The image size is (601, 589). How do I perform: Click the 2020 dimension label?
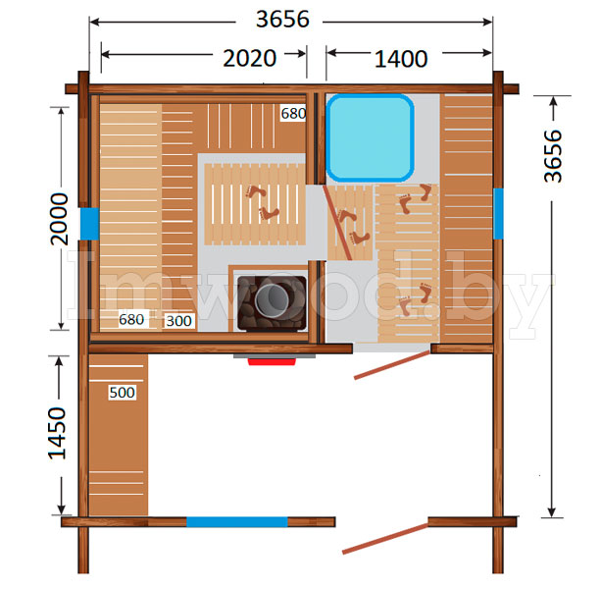[250, 58]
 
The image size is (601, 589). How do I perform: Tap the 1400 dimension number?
[401, 59]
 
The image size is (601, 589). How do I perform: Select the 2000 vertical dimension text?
[60, 219]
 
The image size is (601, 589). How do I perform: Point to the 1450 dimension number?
[57, 433]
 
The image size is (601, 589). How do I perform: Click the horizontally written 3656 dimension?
[282, 19]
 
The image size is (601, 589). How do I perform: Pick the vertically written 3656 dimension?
[553, 156]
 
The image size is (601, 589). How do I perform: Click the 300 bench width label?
[178, 321]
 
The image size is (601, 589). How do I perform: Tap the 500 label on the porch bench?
[122, 392]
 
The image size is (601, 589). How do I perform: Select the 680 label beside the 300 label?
[131, 319]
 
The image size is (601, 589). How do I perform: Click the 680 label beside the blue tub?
[293, 113]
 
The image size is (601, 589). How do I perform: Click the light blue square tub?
[370, 138]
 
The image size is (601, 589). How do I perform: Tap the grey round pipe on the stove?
[273, 300]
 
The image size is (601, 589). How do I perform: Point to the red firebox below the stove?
[272, 361]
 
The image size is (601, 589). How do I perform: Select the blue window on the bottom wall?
[237, 522]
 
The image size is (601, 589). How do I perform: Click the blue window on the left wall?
[89, 224]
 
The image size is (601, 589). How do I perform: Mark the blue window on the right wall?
[498, 214]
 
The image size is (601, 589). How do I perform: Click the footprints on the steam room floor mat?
[262, 202]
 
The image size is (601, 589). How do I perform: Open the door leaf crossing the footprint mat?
[337, 222]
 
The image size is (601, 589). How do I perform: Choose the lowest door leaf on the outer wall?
[385, 539]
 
